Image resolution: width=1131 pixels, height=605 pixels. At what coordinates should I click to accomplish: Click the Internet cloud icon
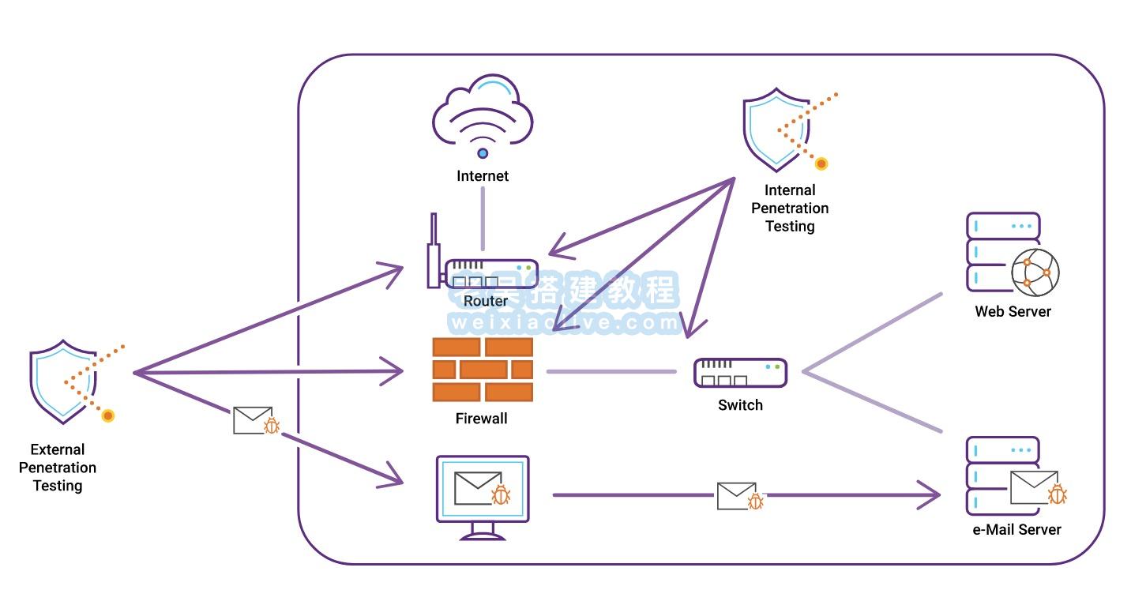pos(483,115)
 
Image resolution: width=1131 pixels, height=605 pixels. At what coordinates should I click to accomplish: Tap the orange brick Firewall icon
pos(483,370)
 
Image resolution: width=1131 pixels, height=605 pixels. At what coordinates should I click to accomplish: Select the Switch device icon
pos(740,373)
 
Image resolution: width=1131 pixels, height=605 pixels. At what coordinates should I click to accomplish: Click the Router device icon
pos(490,273)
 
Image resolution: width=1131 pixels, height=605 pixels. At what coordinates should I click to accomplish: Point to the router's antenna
pos(433,249)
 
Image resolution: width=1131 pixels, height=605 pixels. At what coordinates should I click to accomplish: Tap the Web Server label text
pos(1013,311)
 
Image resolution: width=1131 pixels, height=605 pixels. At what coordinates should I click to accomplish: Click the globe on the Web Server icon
pos(1035,272)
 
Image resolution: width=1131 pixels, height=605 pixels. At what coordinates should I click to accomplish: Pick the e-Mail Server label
pos(1016,529)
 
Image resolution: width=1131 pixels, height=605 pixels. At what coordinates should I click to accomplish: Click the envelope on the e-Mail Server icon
pos(1033,487)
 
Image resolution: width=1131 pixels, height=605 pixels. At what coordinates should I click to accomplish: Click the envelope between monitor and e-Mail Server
pos(736,496)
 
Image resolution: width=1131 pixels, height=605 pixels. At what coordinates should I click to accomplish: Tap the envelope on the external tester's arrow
pos(253,420)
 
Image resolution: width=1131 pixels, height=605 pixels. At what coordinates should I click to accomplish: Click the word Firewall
pos(481,419)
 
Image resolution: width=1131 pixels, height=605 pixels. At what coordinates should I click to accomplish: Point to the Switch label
pos(740,405)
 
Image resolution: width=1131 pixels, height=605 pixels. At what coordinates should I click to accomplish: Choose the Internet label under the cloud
pos(483,176)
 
